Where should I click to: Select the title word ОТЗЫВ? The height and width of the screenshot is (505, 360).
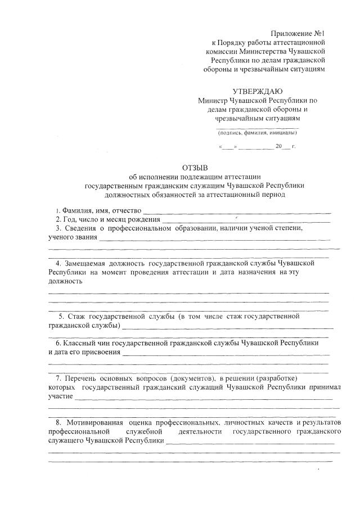point(195,168)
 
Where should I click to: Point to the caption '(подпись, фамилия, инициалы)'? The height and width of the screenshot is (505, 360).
point(257,133)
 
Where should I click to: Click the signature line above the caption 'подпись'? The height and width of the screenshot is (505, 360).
point(257,128)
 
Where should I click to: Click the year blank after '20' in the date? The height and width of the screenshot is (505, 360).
point(286,147)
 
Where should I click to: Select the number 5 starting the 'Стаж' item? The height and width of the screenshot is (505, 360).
point(61,316)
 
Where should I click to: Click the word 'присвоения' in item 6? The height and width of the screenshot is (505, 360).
point(101,352)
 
